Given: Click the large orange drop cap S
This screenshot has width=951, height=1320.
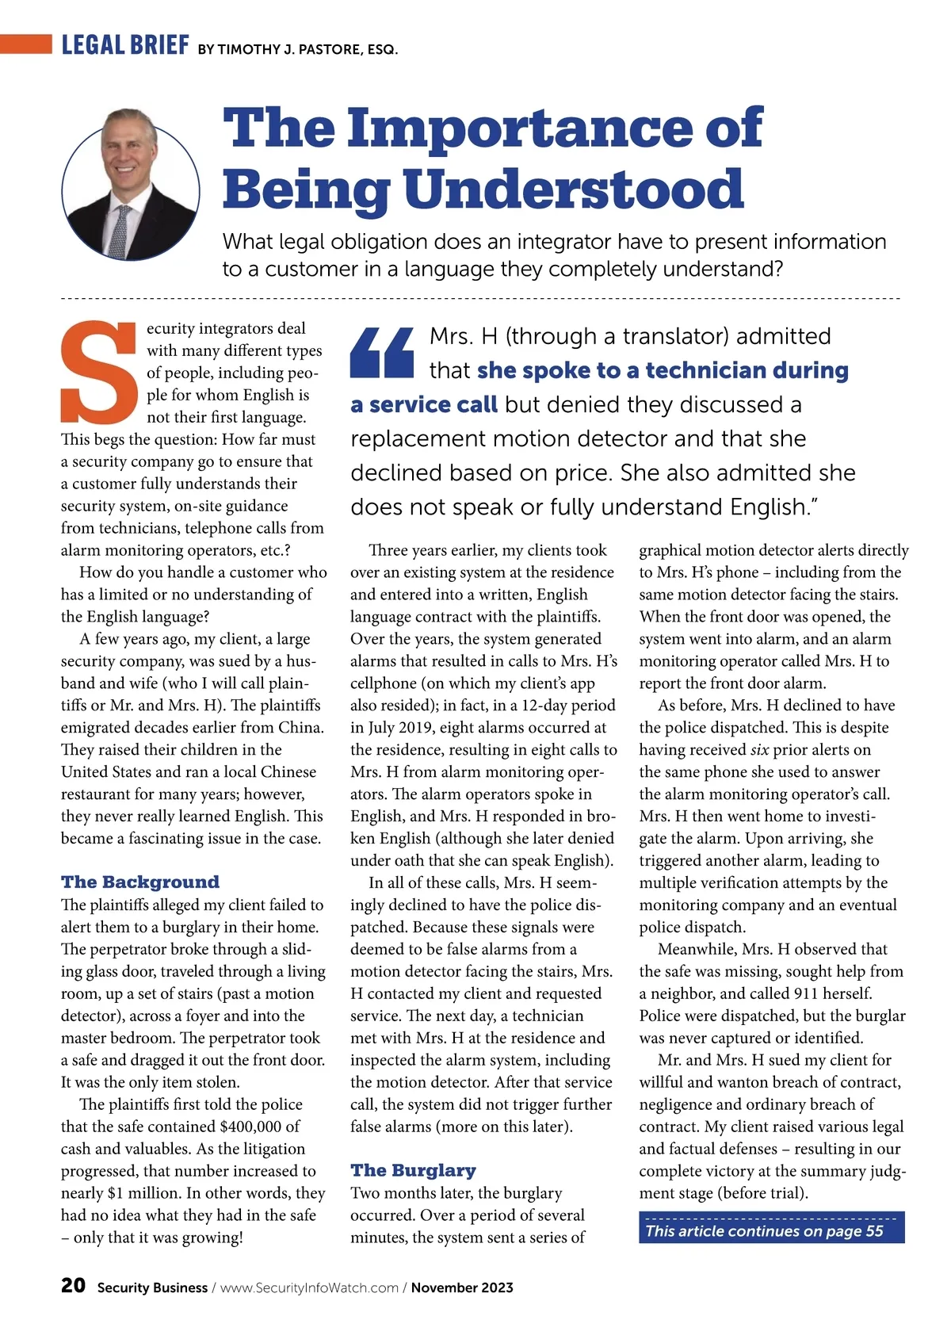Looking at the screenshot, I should (100, 372).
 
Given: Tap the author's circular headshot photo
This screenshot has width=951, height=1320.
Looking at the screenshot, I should (131, 185).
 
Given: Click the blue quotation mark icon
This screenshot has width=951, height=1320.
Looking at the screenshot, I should (382, 353).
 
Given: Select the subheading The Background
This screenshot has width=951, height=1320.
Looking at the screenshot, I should (140, 882).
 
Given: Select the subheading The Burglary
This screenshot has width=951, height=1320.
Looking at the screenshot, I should (413, 1171).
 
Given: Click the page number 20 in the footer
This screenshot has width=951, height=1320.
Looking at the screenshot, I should (73, 1286).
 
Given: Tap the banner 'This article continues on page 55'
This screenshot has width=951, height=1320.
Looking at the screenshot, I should (771, 1230).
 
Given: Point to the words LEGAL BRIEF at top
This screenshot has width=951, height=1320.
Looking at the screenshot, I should (125, 45).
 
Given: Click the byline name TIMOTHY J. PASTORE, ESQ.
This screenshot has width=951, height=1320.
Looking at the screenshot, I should (307, 49).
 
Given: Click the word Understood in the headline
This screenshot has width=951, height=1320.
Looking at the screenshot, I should (574, 189).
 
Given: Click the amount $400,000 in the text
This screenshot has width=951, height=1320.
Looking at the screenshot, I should (250, 1127).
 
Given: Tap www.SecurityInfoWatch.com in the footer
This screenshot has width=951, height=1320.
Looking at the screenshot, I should (309, 1287).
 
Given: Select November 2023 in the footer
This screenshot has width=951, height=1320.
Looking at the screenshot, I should (462, 1287).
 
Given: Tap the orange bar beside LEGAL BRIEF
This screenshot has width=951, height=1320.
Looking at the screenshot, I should (26, 44).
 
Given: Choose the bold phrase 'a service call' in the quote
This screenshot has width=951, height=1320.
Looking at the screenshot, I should (424, 405).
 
